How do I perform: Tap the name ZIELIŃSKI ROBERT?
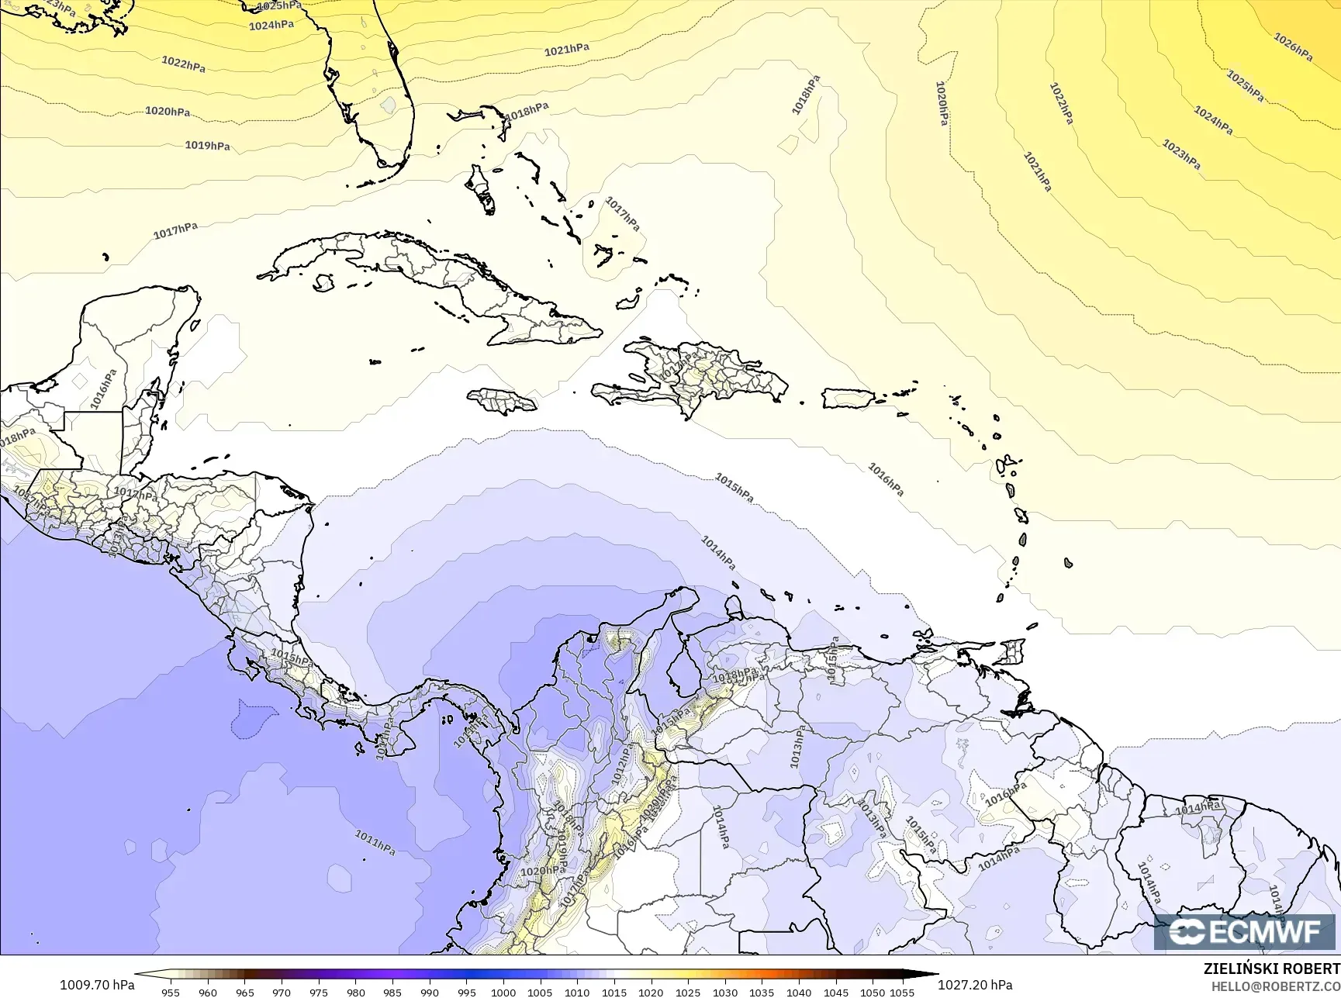click(x=1271, y=969)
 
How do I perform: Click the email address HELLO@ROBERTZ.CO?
click(x=1276, y=986)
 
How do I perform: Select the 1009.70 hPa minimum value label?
click(x=97, y=985)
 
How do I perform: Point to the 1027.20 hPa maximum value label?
click(x=975, y=985)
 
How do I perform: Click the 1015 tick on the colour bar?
click(x=613, y=992)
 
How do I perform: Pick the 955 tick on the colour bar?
click(x=171, y=992)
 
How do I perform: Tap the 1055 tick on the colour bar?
click(x=902, y=992)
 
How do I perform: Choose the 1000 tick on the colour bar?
click(x=503, y=992)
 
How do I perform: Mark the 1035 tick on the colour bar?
click(x=762, y=992)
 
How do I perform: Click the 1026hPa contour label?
click(x=1293, y=47)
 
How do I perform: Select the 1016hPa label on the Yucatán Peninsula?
click(x=103, y=388)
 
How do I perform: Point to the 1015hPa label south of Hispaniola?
click(x=734, y=487)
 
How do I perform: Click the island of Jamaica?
click(x=502, y=400)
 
